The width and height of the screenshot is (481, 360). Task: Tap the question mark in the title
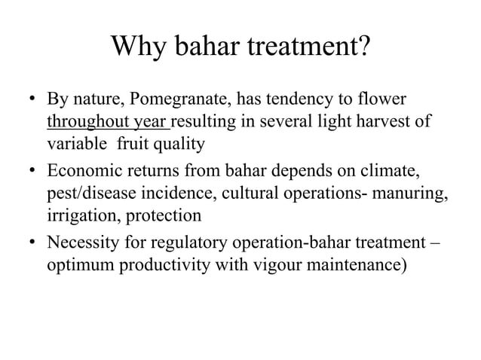point(363,47)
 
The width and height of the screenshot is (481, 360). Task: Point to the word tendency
point(293,100)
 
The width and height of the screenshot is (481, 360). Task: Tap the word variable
point(77,143)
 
